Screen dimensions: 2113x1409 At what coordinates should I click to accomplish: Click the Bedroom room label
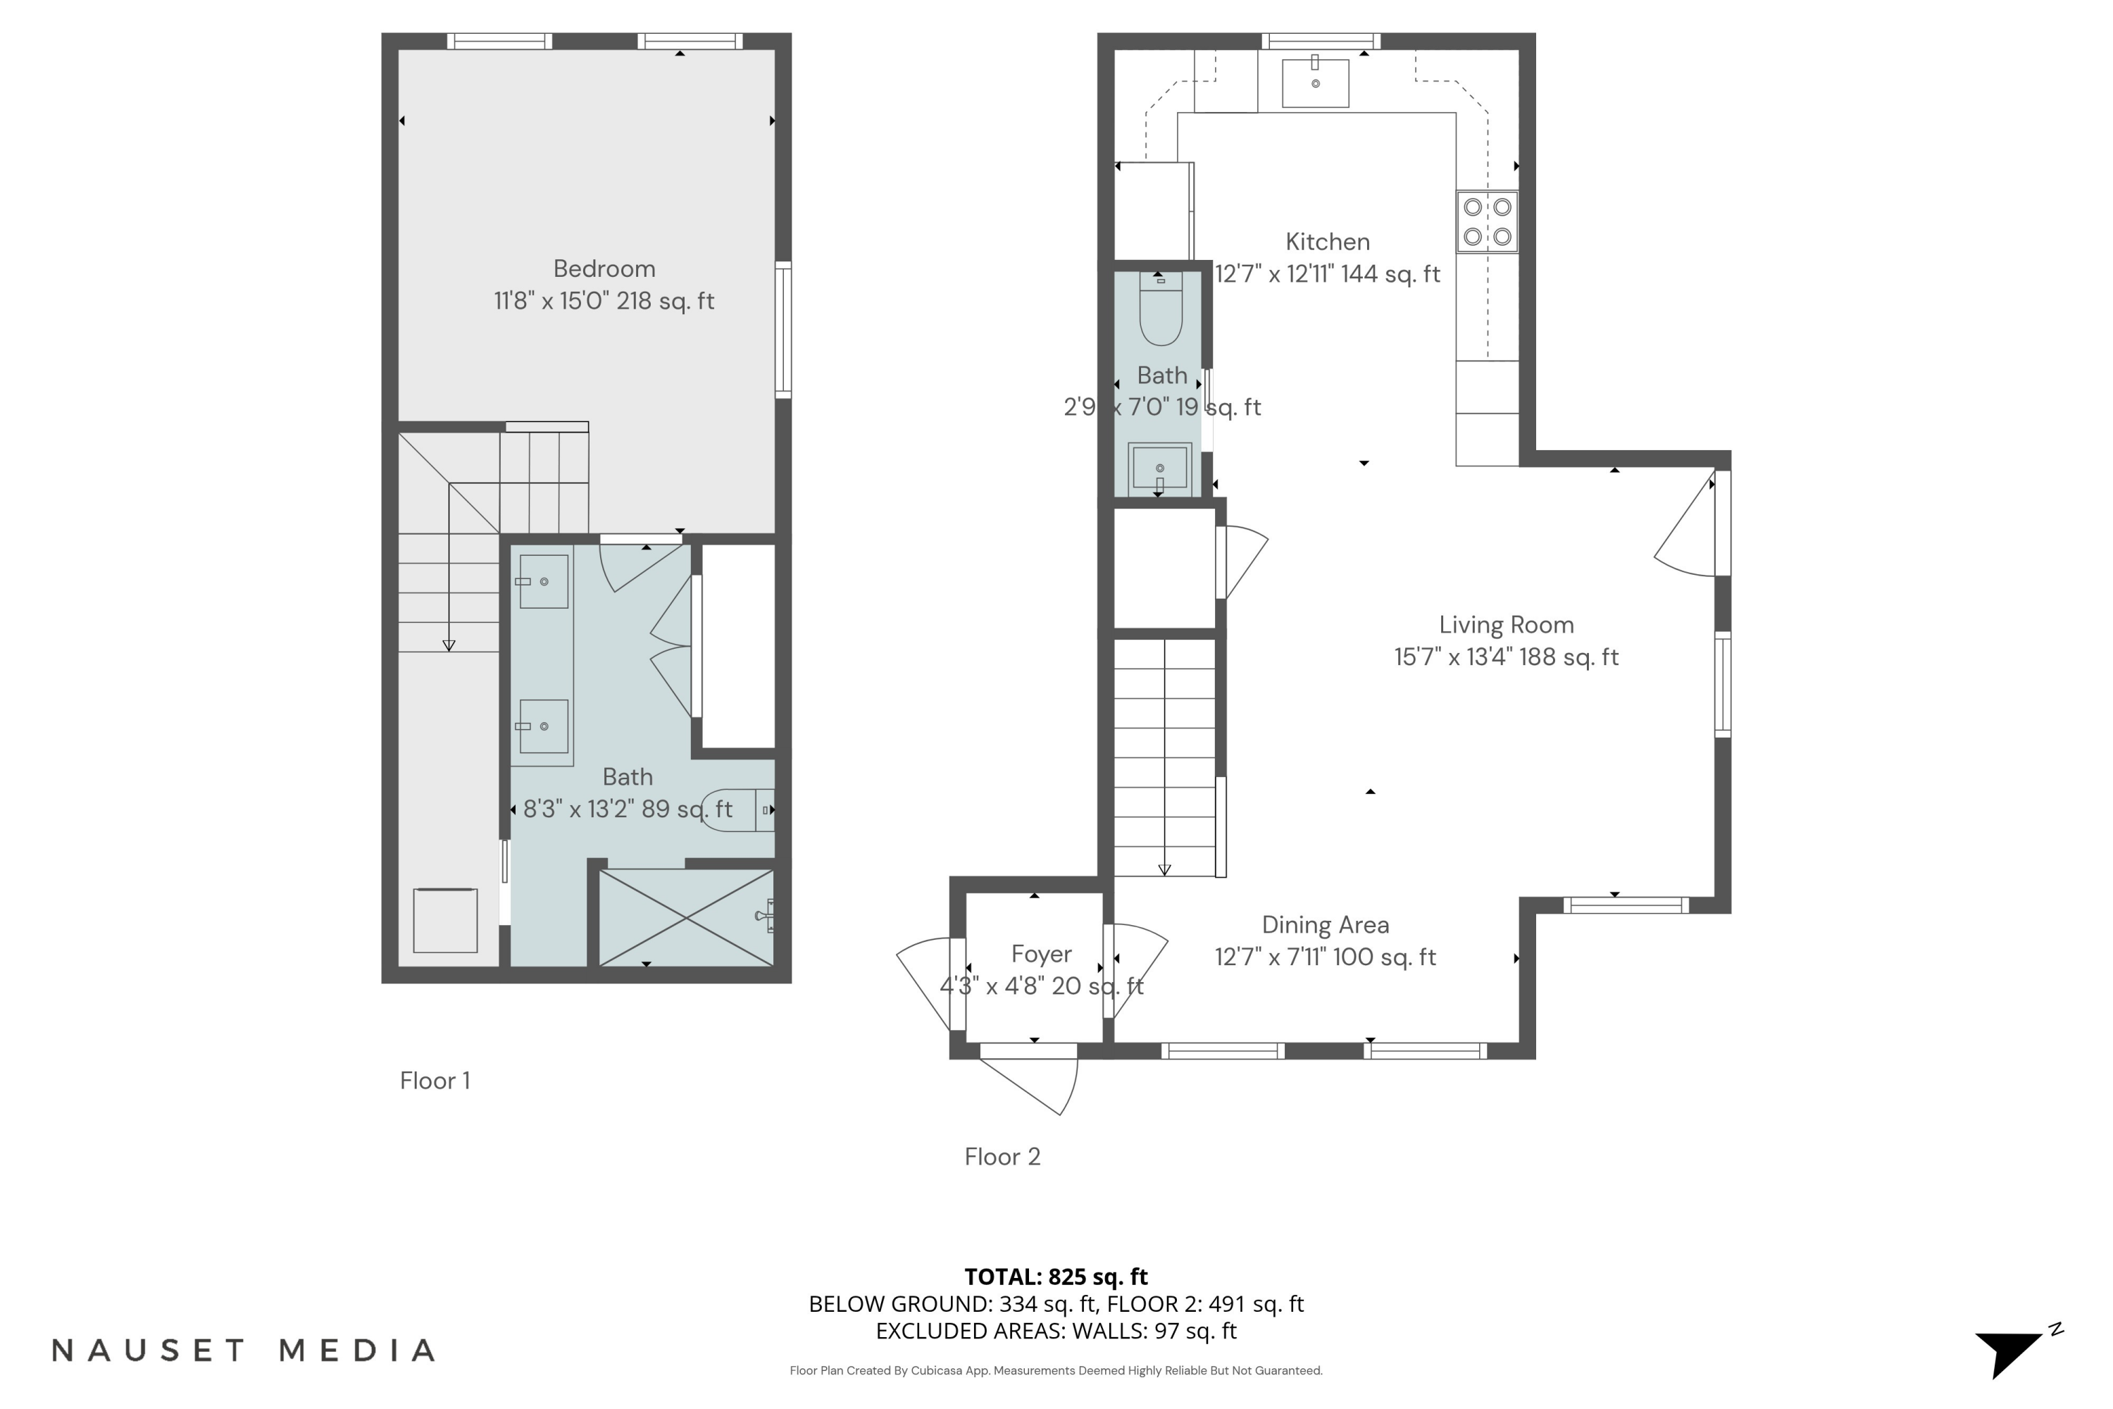click(x=604, y=268)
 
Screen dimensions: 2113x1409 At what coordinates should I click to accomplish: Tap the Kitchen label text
click(x=1327, y=242)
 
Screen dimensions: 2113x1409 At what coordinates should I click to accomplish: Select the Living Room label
click(x=1507, y=624)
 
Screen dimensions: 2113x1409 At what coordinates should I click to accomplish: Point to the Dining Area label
click(x=1325, y=924)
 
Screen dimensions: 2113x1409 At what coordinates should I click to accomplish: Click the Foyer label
click(x=1041, y=955)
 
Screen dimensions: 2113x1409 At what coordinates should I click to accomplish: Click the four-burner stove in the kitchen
click(x=1487, y=221)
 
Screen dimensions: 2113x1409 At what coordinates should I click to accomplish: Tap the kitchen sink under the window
click(x=1315, y=82)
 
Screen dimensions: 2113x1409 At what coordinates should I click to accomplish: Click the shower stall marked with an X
click(x=686, y=917)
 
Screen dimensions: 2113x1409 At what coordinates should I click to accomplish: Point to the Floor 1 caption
click(x=435, y=1080)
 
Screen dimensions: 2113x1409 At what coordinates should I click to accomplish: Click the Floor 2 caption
click(x=1002, y=1157)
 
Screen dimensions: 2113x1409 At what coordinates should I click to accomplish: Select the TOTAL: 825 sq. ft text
click(x=1056, y=1276)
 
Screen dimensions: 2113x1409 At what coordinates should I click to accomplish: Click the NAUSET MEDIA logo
click(x=244, y=1351)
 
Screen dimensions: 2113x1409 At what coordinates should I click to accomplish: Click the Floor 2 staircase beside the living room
click(x=1165, y=757)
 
